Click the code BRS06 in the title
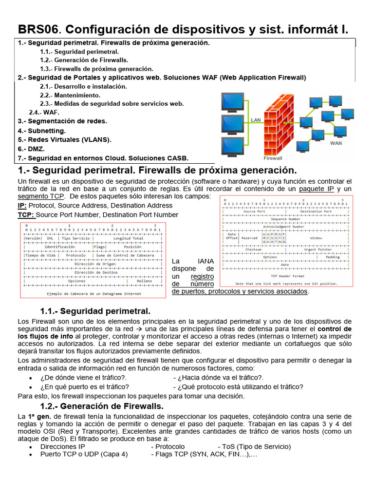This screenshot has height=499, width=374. coord(37,30)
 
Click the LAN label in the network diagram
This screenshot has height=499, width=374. coord(256,119)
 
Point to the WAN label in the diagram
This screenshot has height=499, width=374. coord(336,143)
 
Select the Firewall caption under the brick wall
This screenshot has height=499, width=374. coord(273,158)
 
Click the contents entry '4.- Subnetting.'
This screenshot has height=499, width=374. coord(41,131)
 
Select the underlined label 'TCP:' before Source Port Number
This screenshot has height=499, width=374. coord(26,214)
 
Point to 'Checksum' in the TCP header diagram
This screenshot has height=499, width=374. coord(253,249)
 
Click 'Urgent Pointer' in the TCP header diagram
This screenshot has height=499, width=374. coord(318,249)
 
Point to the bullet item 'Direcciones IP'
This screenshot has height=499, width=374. coord(62,446)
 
